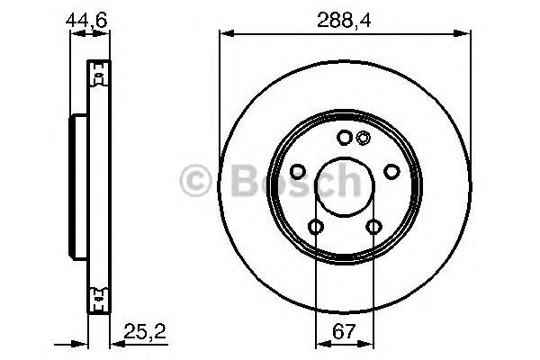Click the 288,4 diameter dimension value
point(345,16)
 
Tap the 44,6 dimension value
point(89,16)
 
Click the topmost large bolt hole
point(344,138)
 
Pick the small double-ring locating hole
point(363,138)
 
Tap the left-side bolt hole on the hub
point(297,171)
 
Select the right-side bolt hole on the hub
point(391,171)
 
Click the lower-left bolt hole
point(315,227)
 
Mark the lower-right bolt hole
point(373,227)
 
